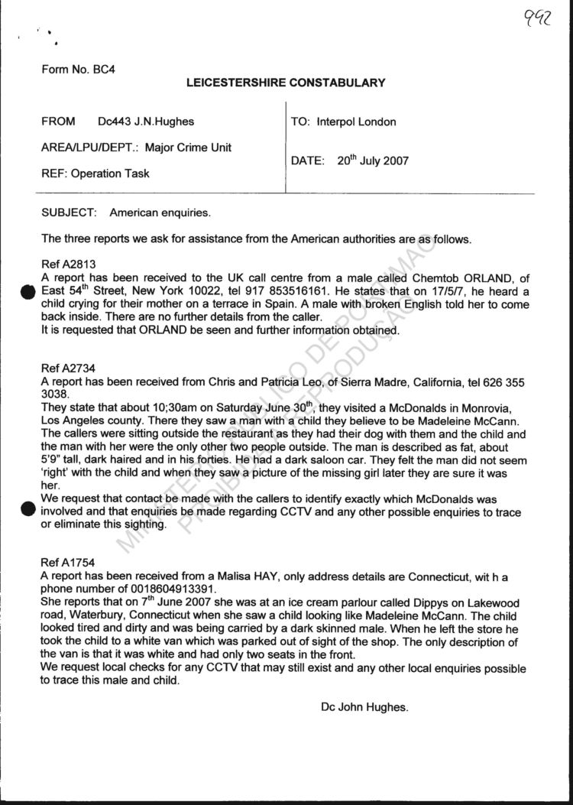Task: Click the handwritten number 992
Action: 539,19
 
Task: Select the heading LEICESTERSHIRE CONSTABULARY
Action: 286,83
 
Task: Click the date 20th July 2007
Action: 373,161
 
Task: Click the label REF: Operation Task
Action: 95,174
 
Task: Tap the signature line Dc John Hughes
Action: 364,708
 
